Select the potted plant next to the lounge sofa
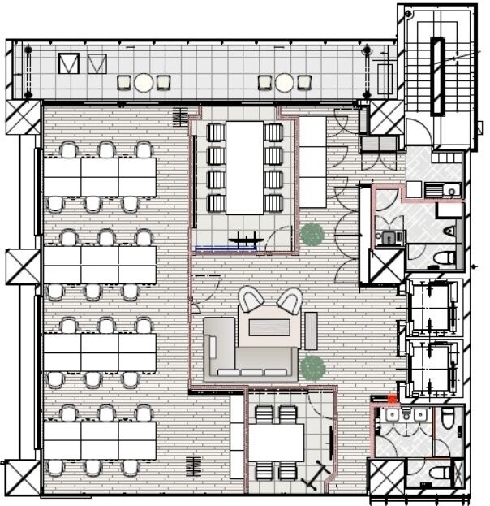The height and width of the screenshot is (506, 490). coord(312,367)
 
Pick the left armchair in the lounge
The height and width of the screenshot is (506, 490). coord(251,301)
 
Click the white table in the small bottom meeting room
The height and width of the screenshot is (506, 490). coord(275,443)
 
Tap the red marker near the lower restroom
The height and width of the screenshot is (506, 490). coord(393,399)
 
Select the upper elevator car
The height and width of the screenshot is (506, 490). coord(430,306)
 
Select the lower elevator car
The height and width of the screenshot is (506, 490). coord(430,365)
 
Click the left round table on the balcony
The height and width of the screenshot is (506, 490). coord(144,82)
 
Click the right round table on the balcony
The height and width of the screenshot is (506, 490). coord(284,82)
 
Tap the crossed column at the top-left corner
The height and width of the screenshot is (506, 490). coord(23,118)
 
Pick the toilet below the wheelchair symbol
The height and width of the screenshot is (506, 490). coord(444,258)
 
